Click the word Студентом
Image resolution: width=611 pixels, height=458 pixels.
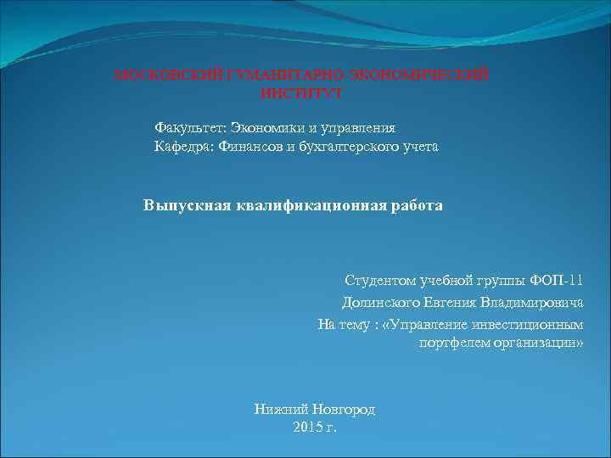380,281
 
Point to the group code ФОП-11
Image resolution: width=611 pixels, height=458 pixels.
557,281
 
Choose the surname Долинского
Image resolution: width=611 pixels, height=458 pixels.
376,302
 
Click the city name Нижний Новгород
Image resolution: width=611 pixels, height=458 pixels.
315,409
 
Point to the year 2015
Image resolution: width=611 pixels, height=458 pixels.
307,426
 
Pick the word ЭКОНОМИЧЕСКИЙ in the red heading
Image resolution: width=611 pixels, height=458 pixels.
429,75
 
